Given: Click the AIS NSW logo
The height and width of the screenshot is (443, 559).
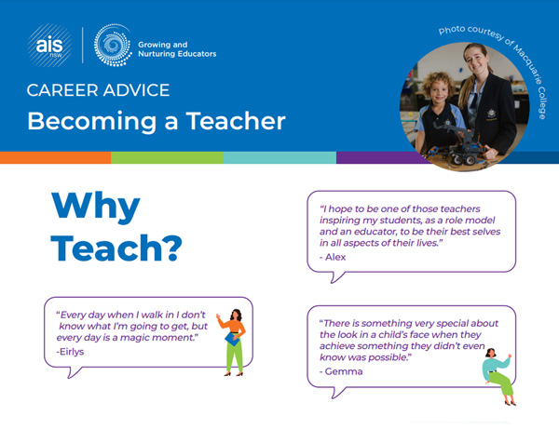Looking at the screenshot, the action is coord(49,46).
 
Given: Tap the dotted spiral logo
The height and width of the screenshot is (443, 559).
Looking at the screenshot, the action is coord(113,46).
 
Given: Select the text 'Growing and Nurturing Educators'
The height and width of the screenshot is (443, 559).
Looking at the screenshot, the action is coord(177,49).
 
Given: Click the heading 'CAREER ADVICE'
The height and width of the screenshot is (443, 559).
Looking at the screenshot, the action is coord(98,90).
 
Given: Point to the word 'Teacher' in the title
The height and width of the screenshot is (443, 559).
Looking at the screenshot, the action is coord(236,121).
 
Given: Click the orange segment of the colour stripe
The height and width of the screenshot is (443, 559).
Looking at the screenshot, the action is coord(55,157).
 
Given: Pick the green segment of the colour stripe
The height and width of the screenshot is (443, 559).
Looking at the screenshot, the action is coord(167,157).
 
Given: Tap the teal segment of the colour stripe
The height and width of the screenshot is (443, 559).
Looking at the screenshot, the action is coord(279,157).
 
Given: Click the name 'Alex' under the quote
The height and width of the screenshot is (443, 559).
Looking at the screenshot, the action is coord(335,257).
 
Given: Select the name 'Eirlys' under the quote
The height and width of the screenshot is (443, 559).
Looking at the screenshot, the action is coord(72,352).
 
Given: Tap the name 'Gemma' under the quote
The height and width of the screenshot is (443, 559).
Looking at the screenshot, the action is coord(344,371).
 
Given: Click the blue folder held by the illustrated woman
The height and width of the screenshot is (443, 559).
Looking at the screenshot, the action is coord(232,339).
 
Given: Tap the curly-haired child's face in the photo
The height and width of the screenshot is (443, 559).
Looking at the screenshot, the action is coord(439,92).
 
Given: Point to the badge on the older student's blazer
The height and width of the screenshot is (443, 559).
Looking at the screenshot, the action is coord(492,114).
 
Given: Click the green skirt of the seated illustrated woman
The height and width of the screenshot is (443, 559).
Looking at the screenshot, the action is coord(502,383).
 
